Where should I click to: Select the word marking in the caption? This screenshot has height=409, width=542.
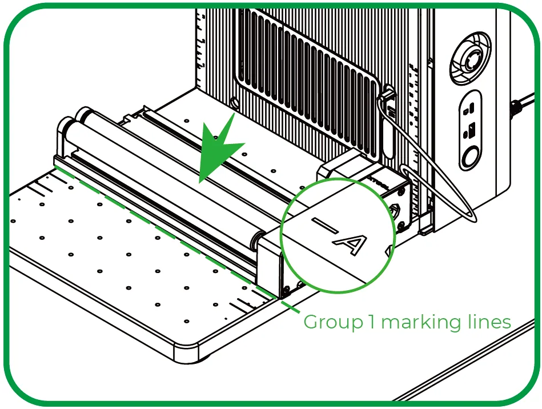tap(421, 322)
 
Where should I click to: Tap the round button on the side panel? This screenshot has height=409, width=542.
tap(470, 157)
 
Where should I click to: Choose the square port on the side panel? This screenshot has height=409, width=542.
tap(471, 130)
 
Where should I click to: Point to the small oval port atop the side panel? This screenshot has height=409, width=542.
tap(469, 109)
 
